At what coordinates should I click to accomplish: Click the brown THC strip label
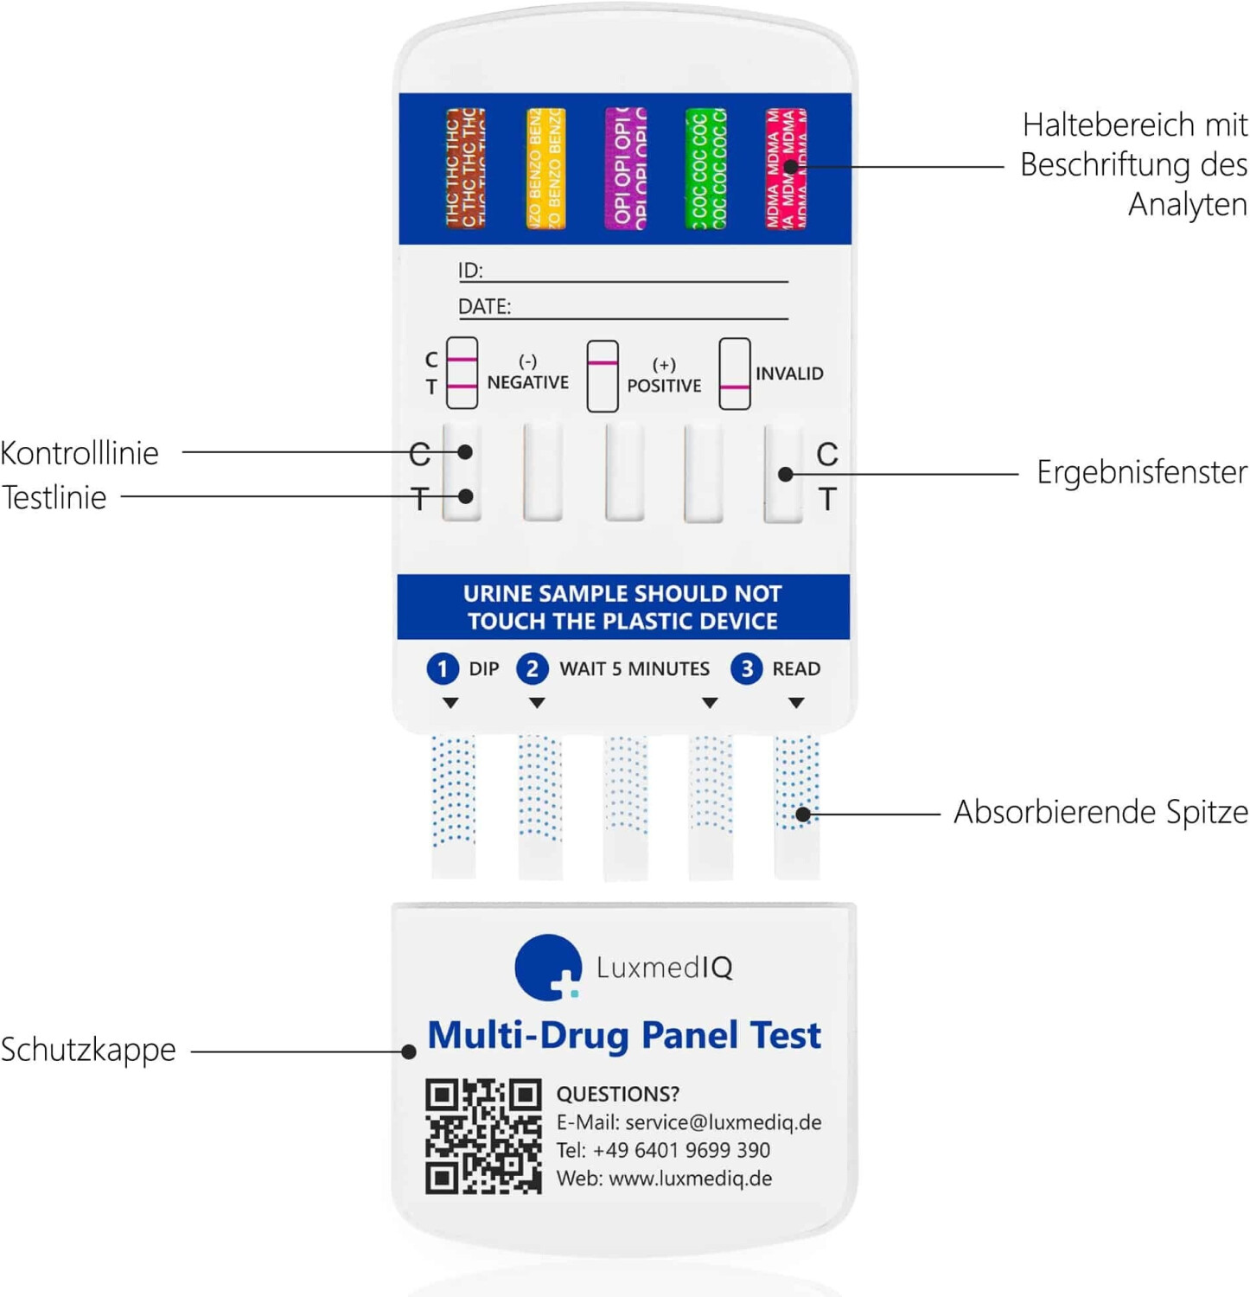[x=465, y=168]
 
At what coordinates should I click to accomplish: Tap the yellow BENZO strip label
[x=545, y=168]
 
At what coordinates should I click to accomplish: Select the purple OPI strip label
[x=625, y=168]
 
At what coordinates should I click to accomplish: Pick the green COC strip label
[x=705, y=168]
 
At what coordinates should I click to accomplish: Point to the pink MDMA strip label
[x=785, y=168]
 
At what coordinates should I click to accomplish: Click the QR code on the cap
[x=482, y=1136]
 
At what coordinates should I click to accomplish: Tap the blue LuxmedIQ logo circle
[x=546, y=967]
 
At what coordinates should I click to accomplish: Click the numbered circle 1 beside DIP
[x=443, y=668]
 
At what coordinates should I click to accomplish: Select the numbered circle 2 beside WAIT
[x=532, y=668]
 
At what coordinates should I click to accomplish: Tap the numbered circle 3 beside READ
[x=746, y=668]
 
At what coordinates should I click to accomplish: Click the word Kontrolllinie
[x=80, y=453]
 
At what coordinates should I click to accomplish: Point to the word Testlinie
[x=54, y=498]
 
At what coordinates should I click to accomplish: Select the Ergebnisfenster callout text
[x=1141, y=472]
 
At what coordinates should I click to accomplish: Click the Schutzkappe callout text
[x=88, y=1050]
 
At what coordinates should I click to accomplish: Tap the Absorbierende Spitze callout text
[x=1100, y=812]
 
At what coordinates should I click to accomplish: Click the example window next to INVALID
[x=734, y=374]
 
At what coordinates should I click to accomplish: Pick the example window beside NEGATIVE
[x=462, y=374]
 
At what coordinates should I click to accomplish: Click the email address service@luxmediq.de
[x=723, y=1122]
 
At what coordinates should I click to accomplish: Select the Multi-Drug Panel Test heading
[x=624, y=1035]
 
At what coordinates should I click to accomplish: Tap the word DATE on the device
[x=484, y=306]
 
